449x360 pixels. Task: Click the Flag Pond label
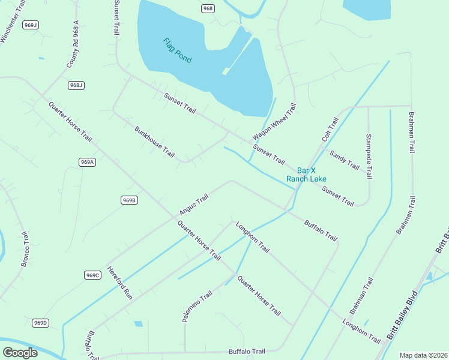click(177, 51)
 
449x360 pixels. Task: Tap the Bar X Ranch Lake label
click(306, 175)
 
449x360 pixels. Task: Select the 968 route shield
click(208, 8)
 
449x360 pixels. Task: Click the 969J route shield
click(30, 25)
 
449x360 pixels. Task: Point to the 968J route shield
click(76, 85)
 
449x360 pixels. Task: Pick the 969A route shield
click(88, 162)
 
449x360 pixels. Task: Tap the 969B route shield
click(129, 200)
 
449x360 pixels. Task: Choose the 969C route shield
click(92, 275)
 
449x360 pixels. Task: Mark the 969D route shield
click(40, 323)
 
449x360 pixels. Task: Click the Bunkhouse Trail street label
click(154, 142)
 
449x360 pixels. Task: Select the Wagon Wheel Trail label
click(274, 121)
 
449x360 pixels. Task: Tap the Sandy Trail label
click(344, 160)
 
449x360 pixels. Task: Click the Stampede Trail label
click(369, 156)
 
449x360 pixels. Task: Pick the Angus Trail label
click(193, 205)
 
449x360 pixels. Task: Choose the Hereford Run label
click(119, 283)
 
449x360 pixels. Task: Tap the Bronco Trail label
click(25, 250)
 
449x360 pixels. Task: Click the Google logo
click(20, 353)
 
